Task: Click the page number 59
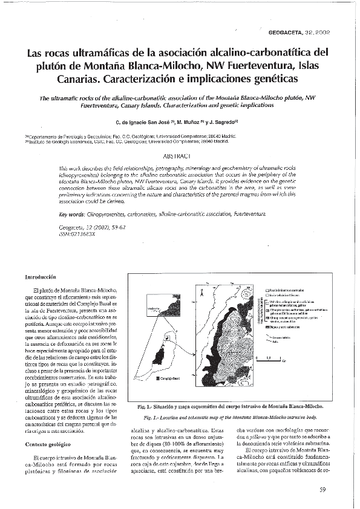tap(323, 489)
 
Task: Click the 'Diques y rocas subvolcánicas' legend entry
tap(285, 327)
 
